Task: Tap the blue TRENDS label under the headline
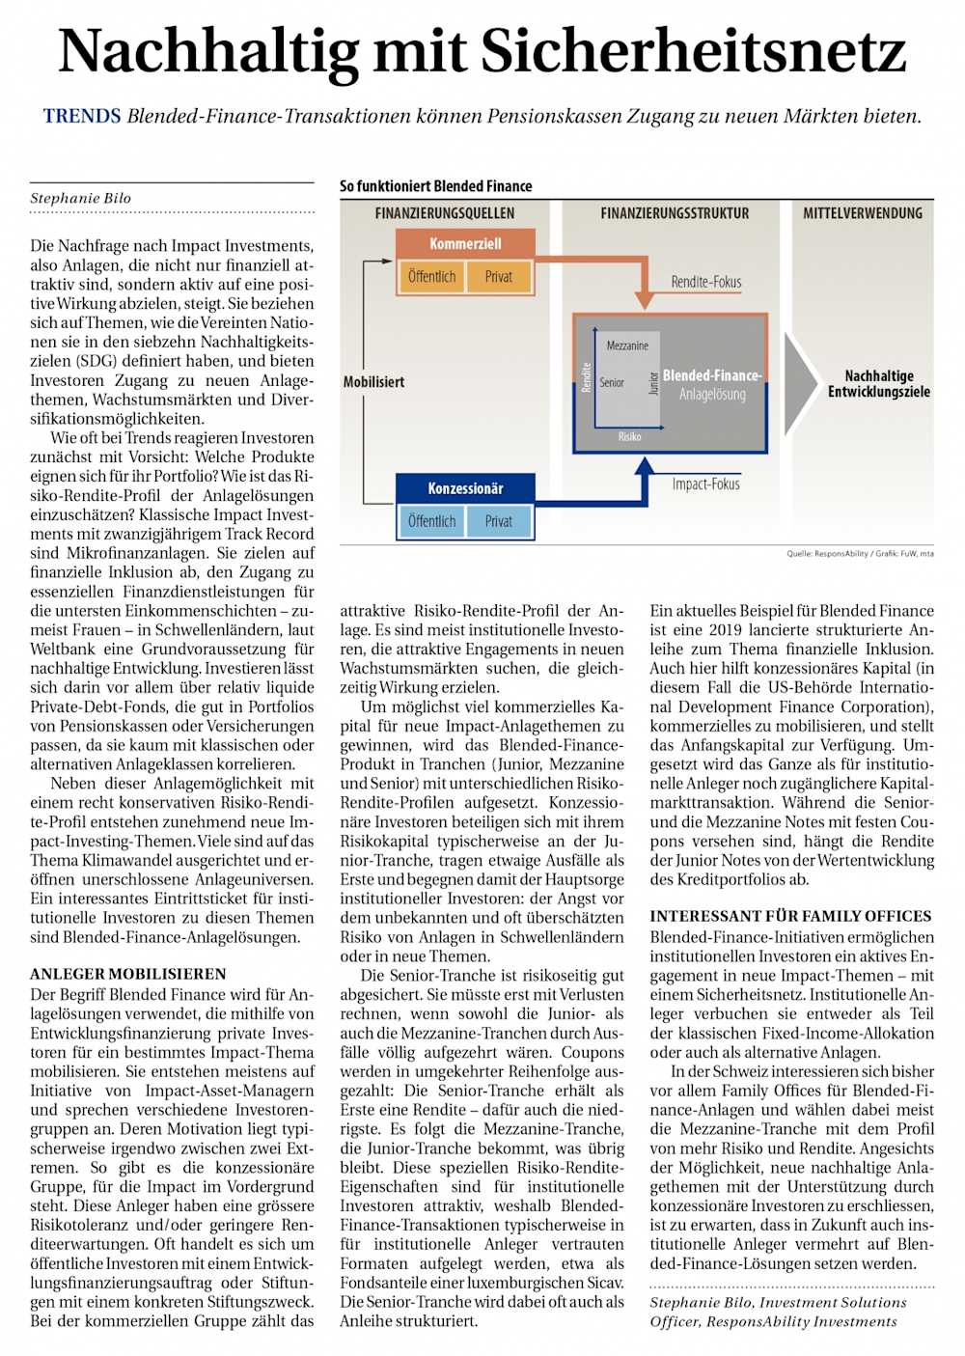coord(82,117)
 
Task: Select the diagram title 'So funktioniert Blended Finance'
coord(435,186)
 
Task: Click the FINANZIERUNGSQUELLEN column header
coord(445,213)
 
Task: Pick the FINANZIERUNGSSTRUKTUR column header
coord(675,213)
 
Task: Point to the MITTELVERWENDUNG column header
coord(863,213)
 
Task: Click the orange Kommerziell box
coord(465,244)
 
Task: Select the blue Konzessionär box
coord(465,488)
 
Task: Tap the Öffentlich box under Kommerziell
coord(431,277)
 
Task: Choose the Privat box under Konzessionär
coord(499,521)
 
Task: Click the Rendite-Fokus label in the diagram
coord(706,282)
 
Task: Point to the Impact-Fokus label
coord(705,484)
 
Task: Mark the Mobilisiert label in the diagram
coord(373,382)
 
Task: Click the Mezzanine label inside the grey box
coord(627,346)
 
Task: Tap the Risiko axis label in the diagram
coord(629,437)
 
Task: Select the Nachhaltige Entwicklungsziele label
coord(878,383)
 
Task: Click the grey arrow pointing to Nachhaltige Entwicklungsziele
coord(800,383)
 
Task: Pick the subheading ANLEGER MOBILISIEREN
coord(128,974)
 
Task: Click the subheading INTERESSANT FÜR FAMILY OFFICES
coord(790,916)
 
